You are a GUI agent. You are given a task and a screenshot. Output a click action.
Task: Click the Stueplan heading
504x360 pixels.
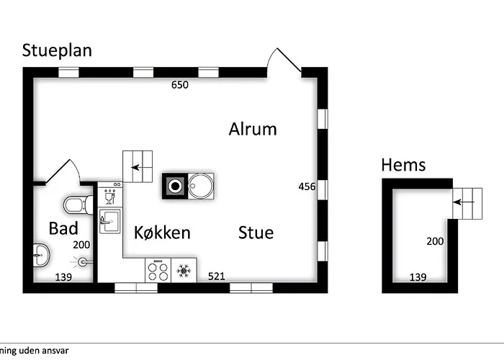click(x=57, y=51)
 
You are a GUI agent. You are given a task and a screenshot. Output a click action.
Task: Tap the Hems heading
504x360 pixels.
click(x=403, y=165)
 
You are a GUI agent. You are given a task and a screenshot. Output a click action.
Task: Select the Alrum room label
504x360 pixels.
click(x=253, y=129)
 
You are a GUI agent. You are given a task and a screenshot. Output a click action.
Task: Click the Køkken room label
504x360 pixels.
click(x=162, y=233)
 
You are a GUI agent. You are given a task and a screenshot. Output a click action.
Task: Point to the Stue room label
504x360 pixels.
click(x=256, y=233)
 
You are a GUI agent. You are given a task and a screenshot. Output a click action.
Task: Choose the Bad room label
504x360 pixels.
click(x=63, y=228)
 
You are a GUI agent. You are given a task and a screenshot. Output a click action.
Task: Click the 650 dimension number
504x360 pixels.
click(x=180, y=85)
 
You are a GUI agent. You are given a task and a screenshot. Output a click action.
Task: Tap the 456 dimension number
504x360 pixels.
click(x=307, y=186)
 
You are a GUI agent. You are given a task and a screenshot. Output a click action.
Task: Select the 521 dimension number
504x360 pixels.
click(x=217, y=276)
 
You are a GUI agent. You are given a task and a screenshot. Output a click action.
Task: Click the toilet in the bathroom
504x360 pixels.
click(x=78, y=205)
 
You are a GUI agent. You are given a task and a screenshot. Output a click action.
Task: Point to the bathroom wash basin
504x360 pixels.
click(x=41, y=255)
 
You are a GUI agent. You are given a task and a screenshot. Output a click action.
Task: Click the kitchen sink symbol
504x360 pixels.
click(x=110, y=221)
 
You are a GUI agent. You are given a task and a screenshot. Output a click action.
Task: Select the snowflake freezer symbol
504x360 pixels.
click(x=184, y=271)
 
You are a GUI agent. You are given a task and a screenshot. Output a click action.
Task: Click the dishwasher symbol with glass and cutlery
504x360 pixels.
click(x=109, y=197)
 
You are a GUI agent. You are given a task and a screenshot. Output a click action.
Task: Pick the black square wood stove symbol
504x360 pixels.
click(x=175, y=186)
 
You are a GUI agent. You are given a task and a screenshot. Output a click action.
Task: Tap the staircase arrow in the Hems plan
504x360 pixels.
click(x=464, y=202)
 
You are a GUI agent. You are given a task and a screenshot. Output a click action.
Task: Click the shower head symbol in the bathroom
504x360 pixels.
click(x=82, y=262)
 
